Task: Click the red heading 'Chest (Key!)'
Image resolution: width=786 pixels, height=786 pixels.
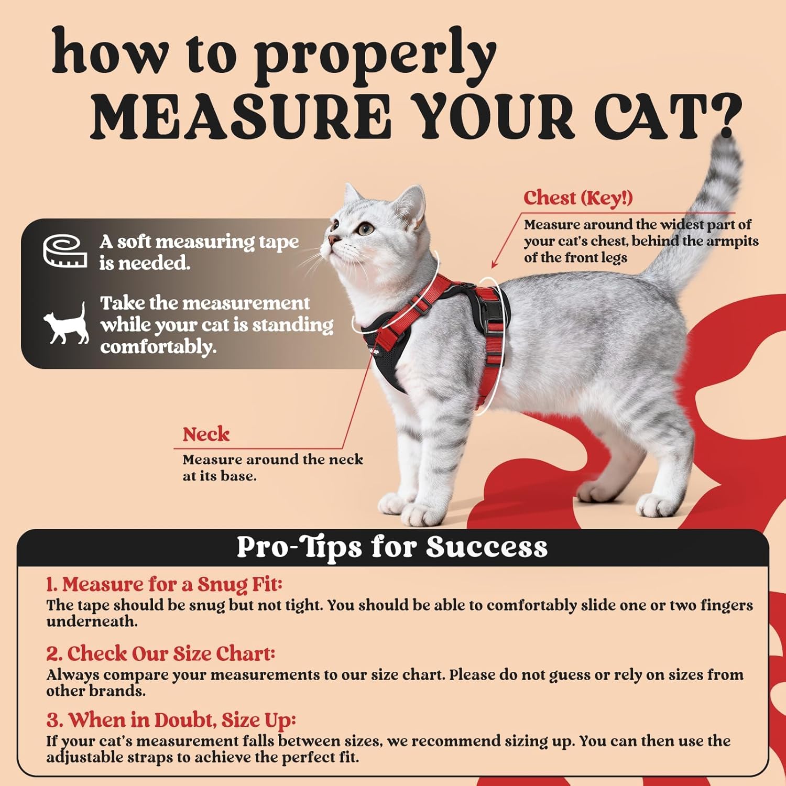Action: click(578, 198)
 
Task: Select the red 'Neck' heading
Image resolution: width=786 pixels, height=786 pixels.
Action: click(206, 434)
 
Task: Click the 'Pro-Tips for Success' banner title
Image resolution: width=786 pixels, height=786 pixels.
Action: click(392, 547)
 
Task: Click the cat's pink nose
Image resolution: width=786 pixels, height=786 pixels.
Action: click(332, 240)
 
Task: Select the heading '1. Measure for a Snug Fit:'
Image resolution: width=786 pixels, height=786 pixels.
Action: click(164, 584)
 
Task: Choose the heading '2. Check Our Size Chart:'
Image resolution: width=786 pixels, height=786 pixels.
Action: click(160, 653)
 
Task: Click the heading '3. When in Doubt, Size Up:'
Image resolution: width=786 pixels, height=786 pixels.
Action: click(171, 720)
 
